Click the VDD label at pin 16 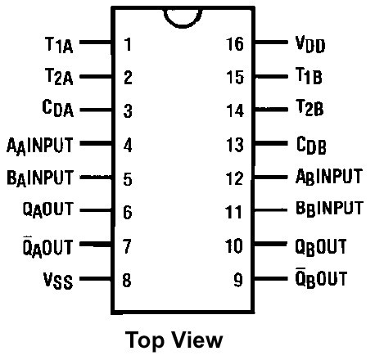tap(310, 44)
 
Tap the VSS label tap(58, 281)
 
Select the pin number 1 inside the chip tap(128, 44)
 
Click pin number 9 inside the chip tap(238, 280)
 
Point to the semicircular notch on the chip tap(183, 26)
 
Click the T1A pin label tap(59, 45)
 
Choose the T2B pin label tap(309, 108)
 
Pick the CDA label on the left tap(58, 108)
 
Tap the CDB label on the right tap(311, 146)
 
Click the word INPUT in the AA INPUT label tap(50, 145)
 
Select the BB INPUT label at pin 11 tap(329, 209)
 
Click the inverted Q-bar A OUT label tap(47, 247)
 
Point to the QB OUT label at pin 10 tap(321, 247)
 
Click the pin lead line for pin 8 tap(96, 279)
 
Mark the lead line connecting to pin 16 tap(271, 43)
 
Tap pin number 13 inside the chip tap(235, 145)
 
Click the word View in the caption tap(198, 340)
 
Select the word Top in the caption tap(145, 341)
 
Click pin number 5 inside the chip tap(128, 179)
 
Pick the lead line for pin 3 tap(96, 110)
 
